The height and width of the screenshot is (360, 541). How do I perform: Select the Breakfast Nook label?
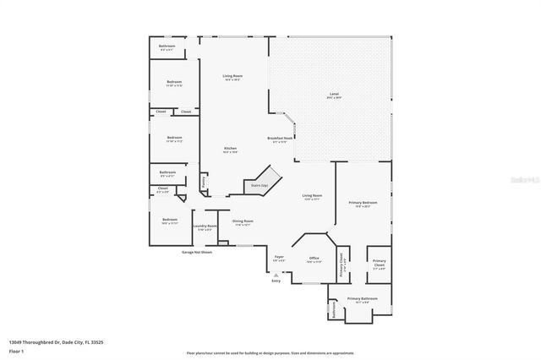[x=280, y=139]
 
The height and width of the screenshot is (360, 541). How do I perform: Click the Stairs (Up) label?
[x=259, y=184]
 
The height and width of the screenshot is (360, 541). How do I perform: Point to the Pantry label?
[x=204, y=181]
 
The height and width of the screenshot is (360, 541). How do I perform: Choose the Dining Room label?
[x=243, y=221]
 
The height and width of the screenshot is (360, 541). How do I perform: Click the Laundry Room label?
[x=205, y=226]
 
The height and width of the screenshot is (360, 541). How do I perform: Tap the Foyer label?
[x=279, y=257]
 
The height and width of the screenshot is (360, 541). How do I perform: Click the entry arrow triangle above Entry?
[x=276, y=274]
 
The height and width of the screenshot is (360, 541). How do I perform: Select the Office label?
[x=314, y=258]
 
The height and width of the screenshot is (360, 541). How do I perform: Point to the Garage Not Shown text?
[x=197, y=252]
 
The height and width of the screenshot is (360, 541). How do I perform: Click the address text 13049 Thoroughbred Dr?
[x=55, y=342]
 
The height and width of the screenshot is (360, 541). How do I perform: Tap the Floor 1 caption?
[x=16, y=351]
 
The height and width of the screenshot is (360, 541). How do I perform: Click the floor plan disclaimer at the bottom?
[x=270, y=353]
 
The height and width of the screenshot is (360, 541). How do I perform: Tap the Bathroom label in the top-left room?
[x=167, y=46]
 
